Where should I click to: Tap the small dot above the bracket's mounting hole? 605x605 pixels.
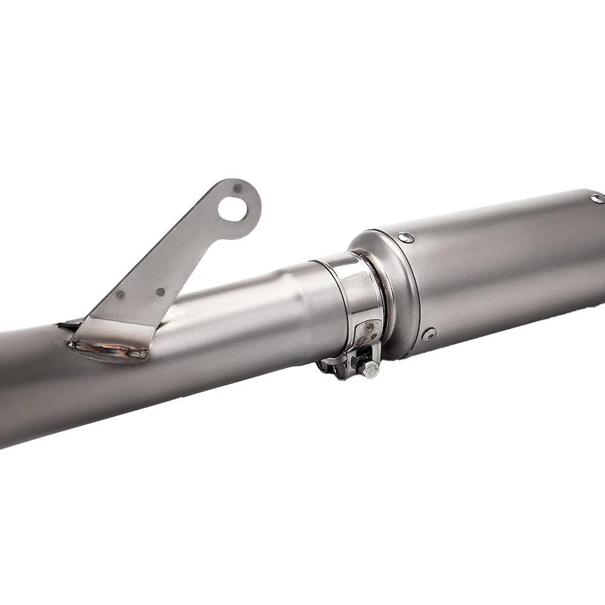pyautogui.click(x=237, y=189)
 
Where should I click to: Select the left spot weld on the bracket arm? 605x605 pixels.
pyautogui.click(x=120, y=295)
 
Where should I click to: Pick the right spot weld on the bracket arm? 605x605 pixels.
pyautogui.click(x=160, y=292)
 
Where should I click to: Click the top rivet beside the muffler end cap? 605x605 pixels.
pyautogui.click(x=409, y=238)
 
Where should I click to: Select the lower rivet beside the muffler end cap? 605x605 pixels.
pyautogui.click(x=430, y=332)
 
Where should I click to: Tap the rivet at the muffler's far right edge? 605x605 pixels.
pyautogui.click(x=597, y=198)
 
